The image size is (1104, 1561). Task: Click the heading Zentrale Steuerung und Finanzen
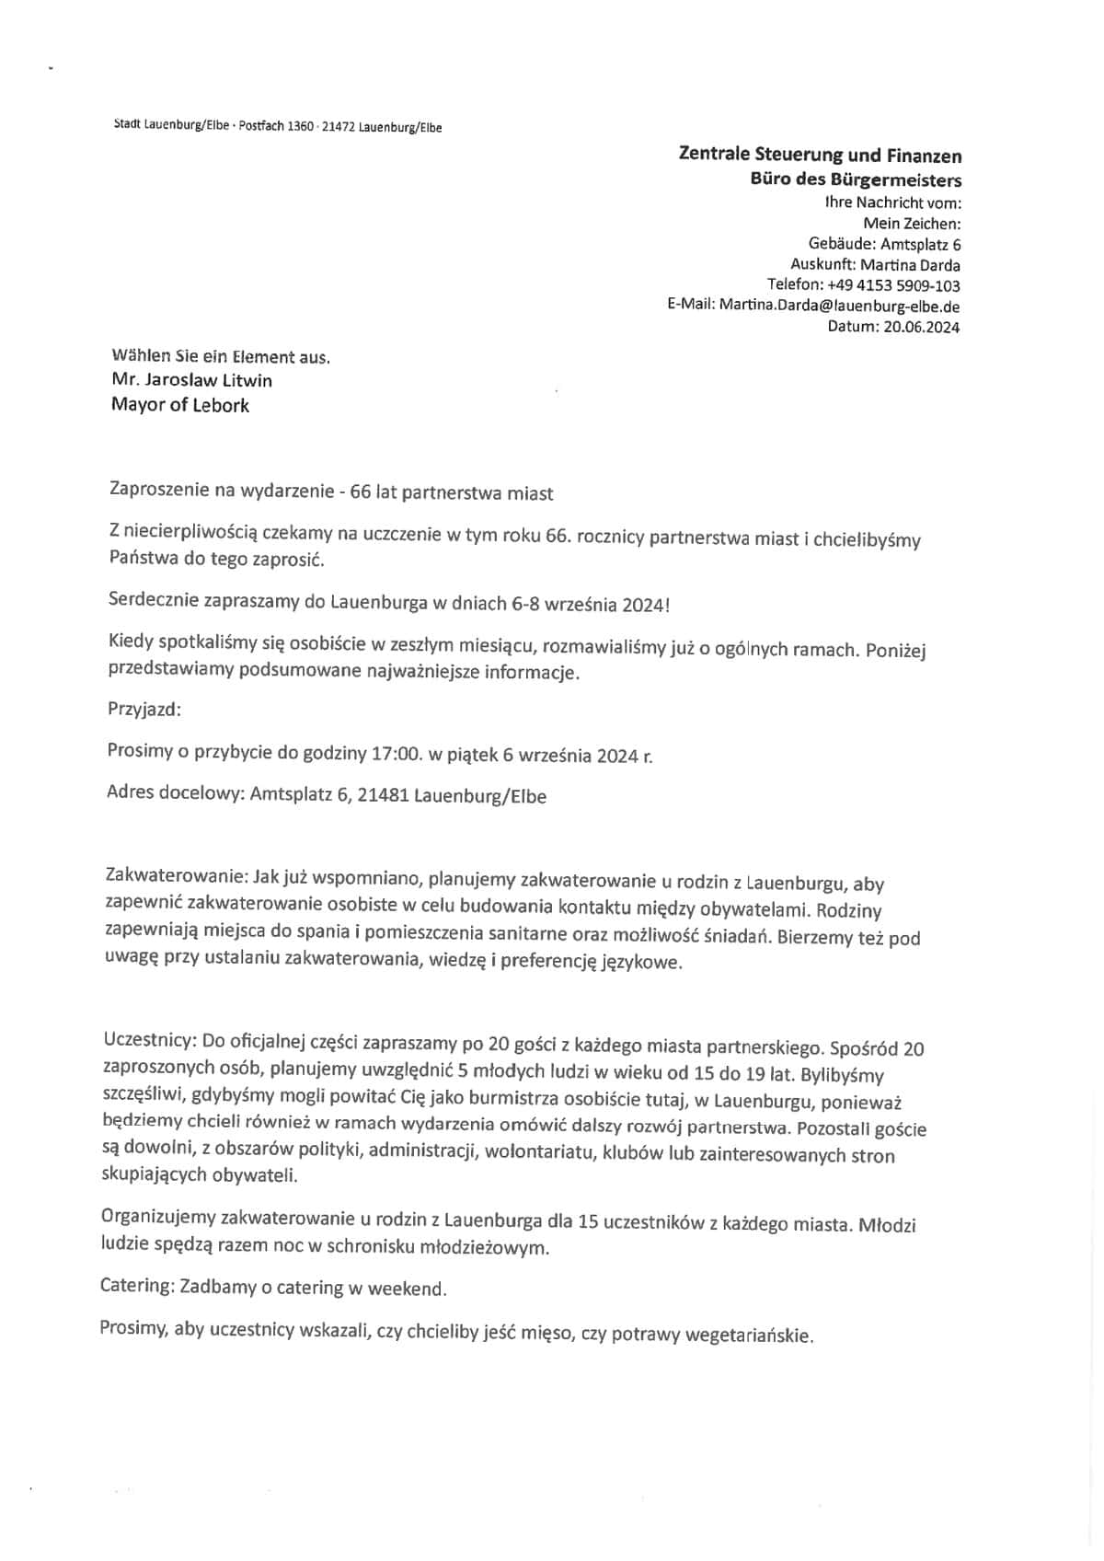[x=819, y=156]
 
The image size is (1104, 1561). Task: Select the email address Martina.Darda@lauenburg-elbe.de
[x=839, y=306]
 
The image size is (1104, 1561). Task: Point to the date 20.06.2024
[x=922, y=327]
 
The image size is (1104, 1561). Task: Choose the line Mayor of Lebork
[x=179, y=405]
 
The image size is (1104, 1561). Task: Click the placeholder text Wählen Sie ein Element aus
[x=220, y=357]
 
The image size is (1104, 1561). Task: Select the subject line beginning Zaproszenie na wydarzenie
[x=331, y=492]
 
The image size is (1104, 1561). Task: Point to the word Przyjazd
[x=144, y=710]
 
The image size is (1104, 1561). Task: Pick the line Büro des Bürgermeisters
[x=856, y=179]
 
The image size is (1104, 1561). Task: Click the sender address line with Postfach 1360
[x=276, y=127]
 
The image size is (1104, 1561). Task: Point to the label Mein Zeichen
[x=912, y=223]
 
